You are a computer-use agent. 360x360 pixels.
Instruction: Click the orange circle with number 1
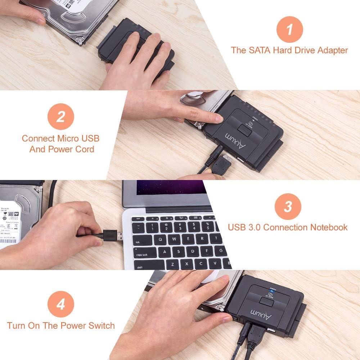(289, 29)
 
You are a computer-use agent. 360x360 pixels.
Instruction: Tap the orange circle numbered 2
(60, 117)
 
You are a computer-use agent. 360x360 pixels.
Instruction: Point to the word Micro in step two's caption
(67, 138)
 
